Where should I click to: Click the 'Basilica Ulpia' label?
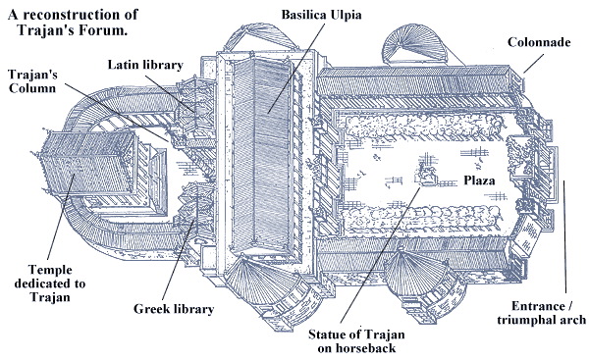[321, 15]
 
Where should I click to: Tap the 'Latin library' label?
[145, 65]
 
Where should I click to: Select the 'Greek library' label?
[174, 309]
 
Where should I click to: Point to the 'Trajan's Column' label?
[32, 81]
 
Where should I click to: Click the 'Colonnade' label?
[539, 42]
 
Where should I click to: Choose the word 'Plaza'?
[479, 180]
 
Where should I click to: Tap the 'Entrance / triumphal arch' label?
[541, 313]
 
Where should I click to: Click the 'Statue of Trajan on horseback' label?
[356, 340]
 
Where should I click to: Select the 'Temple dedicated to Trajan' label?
[50, 283]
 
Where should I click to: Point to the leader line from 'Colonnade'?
[534, 64]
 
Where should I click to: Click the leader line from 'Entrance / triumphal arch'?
[564, 236]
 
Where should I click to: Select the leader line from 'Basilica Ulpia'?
[297, 68]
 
